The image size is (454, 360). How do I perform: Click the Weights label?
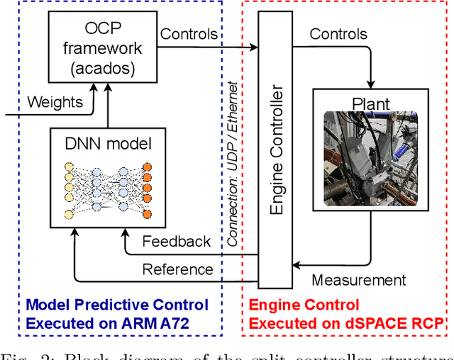coord(54,102)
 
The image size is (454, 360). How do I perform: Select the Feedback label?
coord(177,241)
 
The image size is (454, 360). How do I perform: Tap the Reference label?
coord(177,269)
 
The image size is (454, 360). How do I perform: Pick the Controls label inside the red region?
coord(339,33)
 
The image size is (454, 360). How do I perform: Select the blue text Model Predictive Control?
coord(118,305)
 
